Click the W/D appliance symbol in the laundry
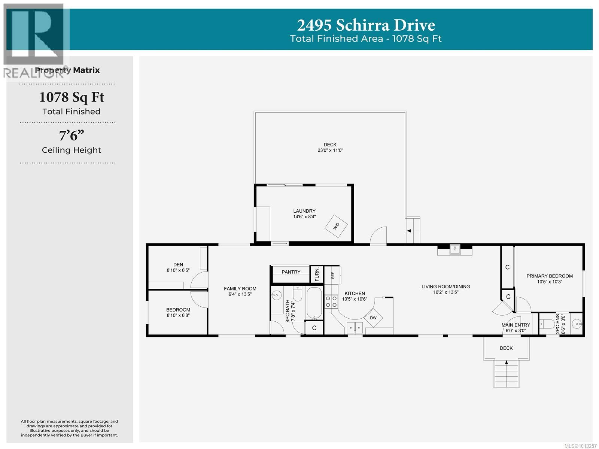coord(336,226)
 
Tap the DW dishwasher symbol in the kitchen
coord(373,318)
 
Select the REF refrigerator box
coord(332,275)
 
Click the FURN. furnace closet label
coord(317,274)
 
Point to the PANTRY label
coord(291,272)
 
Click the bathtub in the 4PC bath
coord(314,303)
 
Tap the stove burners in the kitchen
coord(331,301)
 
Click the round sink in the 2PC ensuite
coord(577,325)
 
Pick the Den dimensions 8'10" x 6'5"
coord(178,270)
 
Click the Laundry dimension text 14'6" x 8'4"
coord(304,217)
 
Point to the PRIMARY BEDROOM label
coord(550,276)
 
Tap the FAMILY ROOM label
coord(240,288)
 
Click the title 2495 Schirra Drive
coord(366,25)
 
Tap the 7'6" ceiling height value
coord(72,136)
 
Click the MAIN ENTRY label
coord(516,325)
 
